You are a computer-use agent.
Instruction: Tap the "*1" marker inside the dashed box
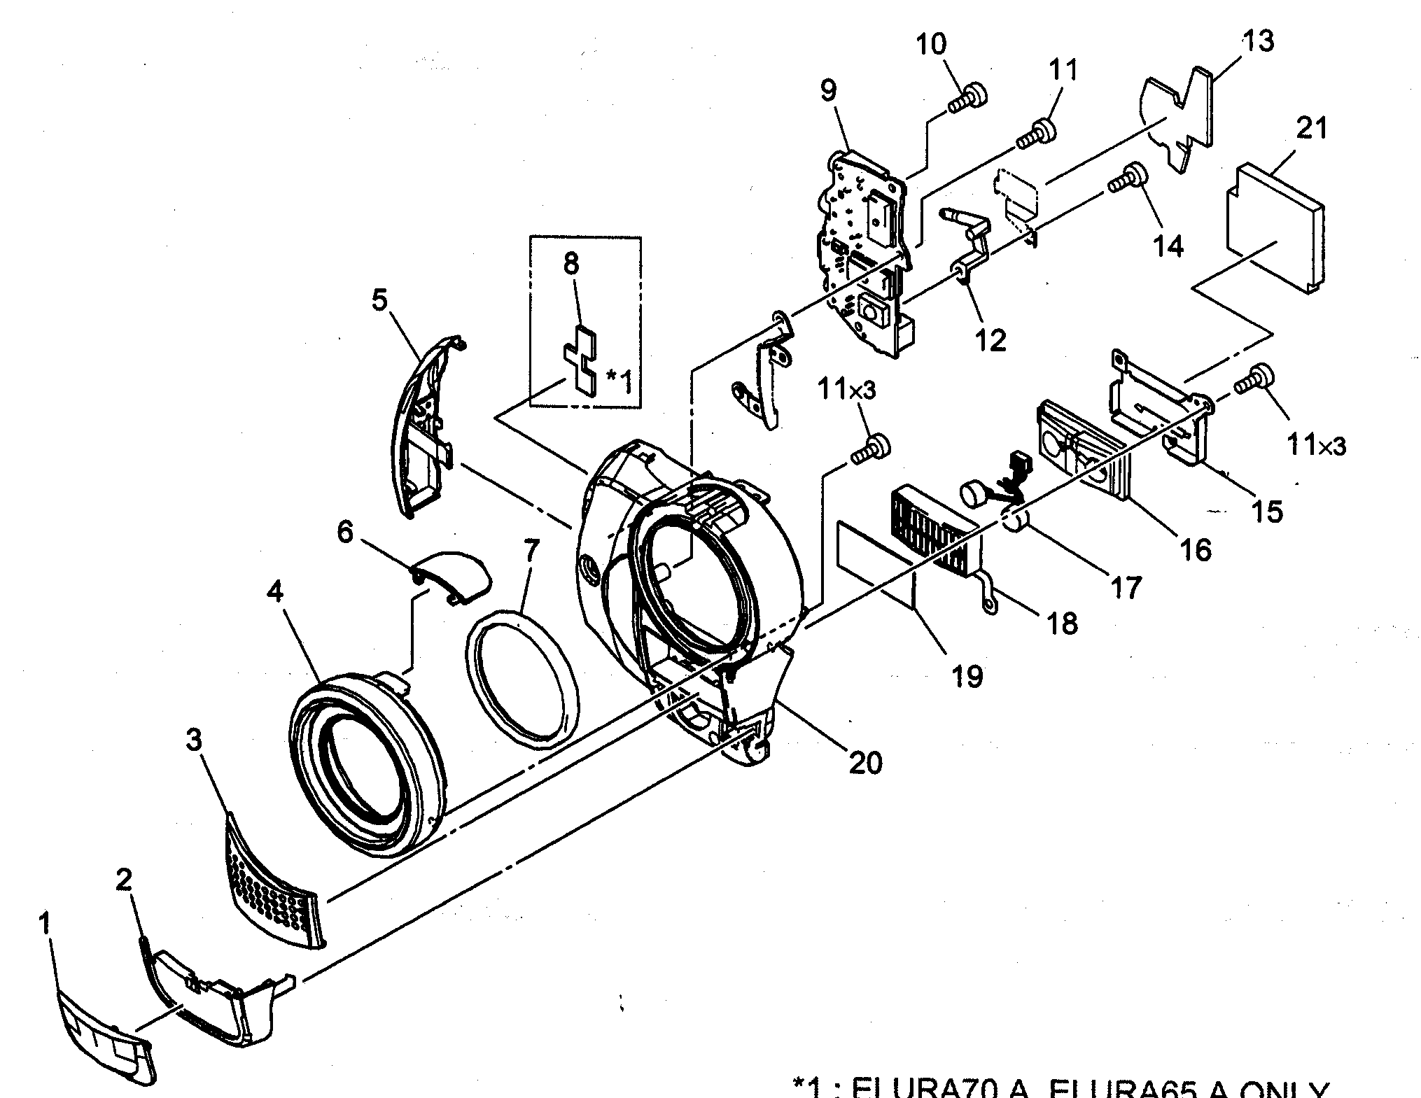pyautogui.click(x=619, y=379)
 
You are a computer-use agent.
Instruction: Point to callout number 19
pyautogui.click(x=967, y=675)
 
